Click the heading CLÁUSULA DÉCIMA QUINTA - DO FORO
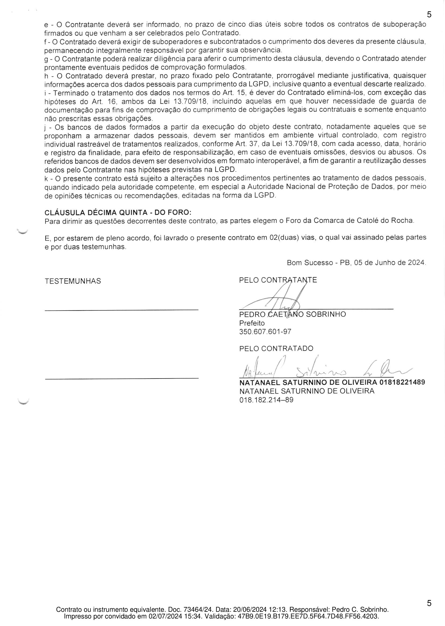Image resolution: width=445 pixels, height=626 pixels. point(118,212)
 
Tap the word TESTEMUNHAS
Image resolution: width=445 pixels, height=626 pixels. point(73,281)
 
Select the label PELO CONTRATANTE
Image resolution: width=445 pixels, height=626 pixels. point(278,280)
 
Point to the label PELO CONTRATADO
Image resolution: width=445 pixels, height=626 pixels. point(276,348)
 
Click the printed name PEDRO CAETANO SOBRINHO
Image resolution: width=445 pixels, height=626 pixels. point(292,314)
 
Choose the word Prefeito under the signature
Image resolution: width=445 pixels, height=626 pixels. point(252,323)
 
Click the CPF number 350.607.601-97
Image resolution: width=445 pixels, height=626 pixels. point(265,332)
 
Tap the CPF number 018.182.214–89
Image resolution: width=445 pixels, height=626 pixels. point(266,400)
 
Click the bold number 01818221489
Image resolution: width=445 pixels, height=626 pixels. point(402,382)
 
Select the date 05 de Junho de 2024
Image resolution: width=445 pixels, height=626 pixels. point(390,263)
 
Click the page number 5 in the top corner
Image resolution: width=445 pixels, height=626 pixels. point(429,14)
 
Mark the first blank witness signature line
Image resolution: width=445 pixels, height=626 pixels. point(121,310)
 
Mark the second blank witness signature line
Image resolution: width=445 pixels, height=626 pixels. point(121,378)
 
